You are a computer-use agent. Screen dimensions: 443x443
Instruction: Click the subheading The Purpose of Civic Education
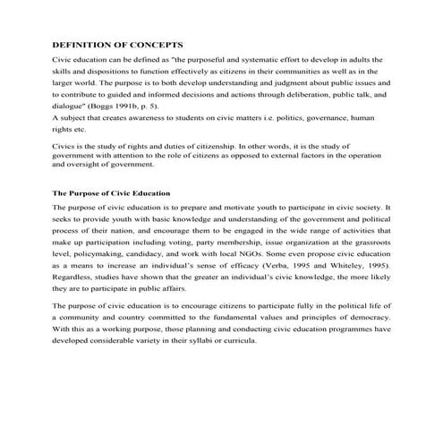111,192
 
